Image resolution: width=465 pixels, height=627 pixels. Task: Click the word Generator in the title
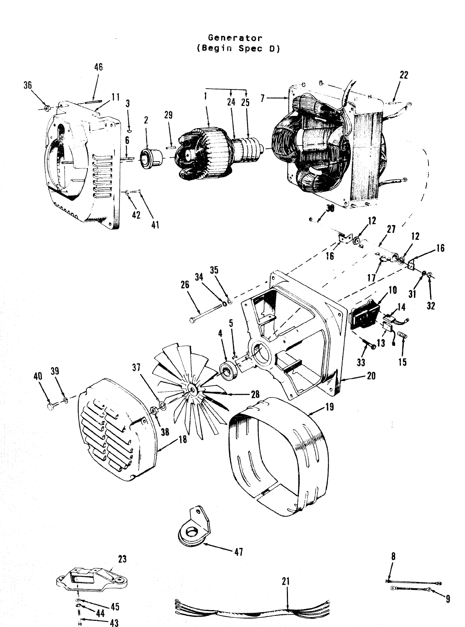tap(235, 38)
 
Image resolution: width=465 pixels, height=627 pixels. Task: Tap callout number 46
tap(98, 67)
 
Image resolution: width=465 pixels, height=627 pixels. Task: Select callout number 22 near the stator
tap(404, 75)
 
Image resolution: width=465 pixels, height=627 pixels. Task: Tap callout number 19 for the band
tap(329, 407)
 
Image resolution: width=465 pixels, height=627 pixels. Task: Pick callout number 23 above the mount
tap(122, 559)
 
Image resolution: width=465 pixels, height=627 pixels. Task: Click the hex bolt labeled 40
tap(51, 406)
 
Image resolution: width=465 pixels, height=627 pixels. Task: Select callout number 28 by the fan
tap(255, 394)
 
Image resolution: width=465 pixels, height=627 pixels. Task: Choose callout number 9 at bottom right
tap(447, 599)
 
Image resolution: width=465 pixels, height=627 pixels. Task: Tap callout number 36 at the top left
tap(28, 86)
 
